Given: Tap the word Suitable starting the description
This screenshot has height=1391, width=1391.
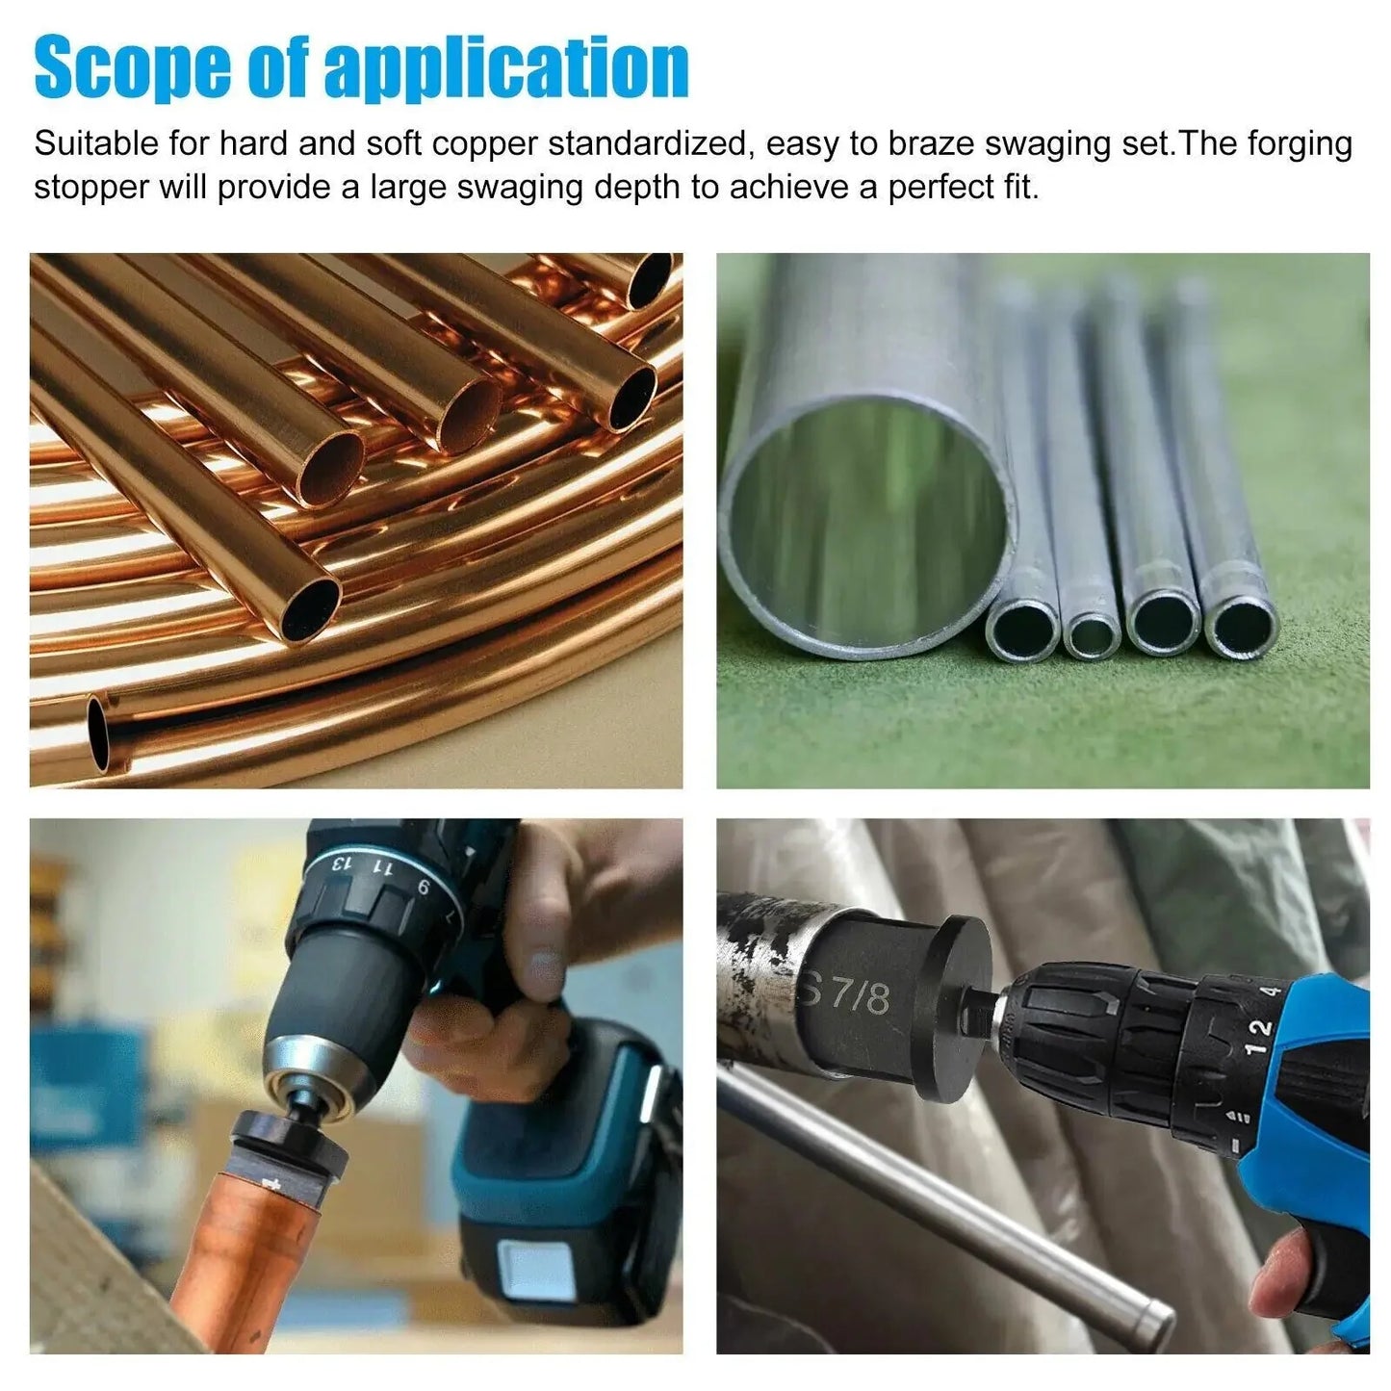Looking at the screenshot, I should (x=95, y=143).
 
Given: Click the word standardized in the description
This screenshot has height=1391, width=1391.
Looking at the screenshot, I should (x=647, y=143).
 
